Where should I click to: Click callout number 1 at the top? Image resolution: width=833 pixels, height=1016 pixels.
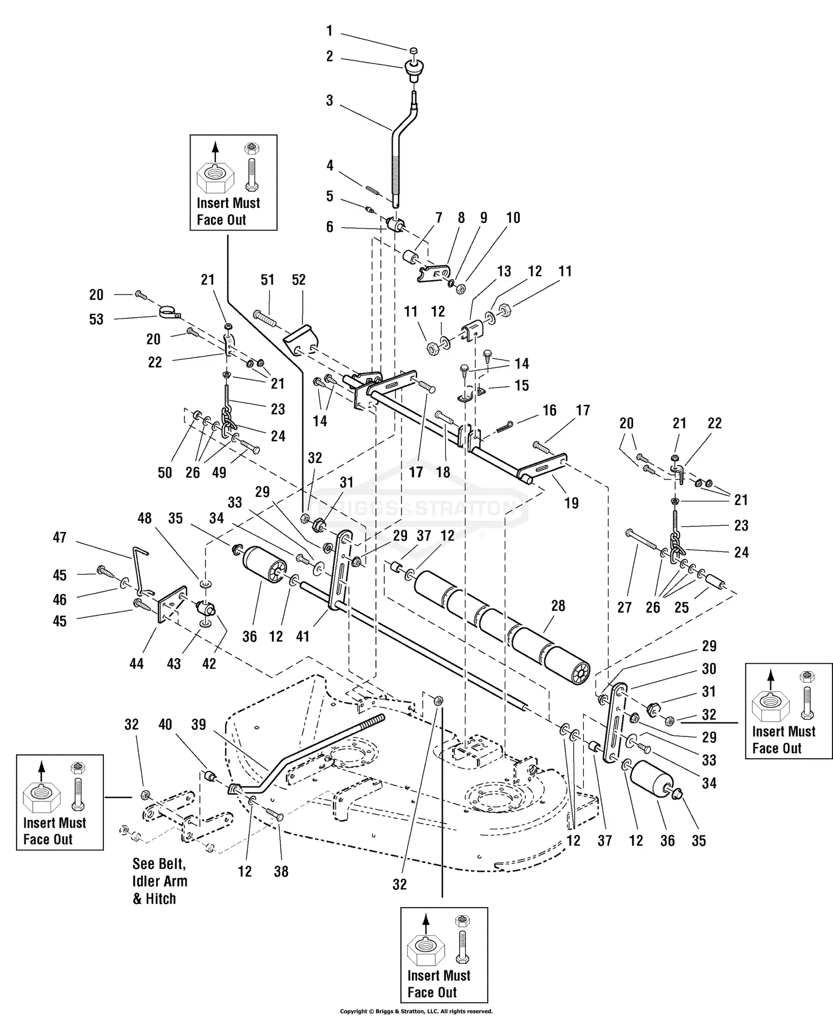329,31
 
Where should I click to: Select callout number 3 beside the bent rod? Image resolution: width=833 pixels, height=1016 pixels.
329,101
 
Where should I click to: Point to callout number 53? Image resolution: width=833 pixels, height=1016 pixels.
97,319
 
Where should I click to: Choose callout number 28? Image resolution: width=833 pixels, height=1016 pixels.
558,606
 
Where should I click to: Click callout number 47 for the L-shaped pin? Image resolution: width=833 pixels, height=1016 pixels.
59,537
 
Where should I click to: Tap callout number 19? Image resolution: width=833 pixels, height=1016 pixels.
571,503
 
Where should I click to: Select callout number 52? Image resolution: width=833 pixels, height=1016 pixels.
299,280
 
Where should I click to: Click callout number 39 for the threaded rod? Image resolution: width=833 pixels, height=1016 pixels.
198,724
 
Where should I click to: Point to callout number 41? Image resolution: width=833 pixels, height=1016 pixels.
303,636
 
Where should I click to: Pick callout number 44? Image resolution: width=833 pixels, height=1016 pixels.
137,664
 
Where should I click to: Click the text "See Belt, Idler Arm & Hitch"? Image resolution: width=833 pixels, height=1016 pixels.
160,881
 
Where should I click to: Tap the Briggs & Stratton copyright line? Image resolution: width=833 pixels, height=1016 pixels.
416,1011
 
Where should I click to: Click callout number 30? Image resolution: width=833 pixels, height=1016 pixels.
709,669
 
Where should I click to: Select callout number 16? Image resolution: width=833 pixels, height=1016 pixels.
550,410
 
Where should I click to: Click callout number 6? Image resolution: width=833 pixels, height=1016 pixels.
329,227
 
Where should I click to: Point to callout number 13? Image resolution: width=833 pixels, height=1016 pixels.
504,271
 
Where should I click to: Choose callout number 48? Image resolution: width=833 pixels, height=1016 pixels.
144,518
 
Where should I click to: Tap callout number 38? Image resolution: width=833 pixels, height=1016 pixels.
281,871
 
